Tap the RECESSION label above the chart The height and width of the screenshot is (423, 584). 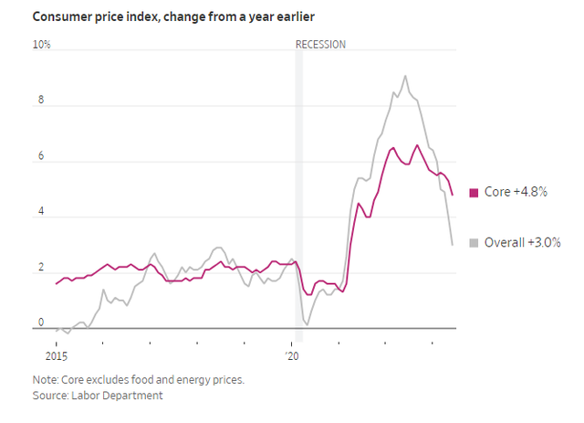(x=320, y=44)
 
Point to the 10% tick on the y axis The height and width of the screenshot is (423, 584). (x=42, y=44)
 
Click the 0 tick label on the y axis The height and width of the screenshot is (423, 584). (x=39, y=323)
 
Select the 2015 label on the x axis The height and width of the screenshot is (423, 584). (x=56, y=354)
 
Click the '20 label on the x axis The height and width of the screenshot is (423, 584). (x=291, y=354)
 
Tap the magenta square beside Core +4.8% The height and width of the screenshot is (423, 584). (x=474, y=192)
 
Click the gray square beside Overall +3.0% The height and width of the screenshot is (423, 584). (x=474, y=242)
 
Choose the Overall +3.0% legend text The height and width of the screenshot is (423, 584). (x=521, y=242)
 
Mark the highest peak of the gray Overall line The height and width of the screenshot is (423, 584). (x=405, y=76)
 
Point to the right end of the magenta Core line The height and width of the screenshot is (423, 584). (x=453, y=195)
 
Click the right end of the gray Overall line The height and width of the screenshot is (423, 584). (x=454, y=244)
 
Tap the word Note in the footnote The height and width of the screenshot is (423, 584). (x=44, y=378)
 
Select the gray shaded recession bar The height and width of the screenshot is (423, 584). (x=298, y=183)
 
